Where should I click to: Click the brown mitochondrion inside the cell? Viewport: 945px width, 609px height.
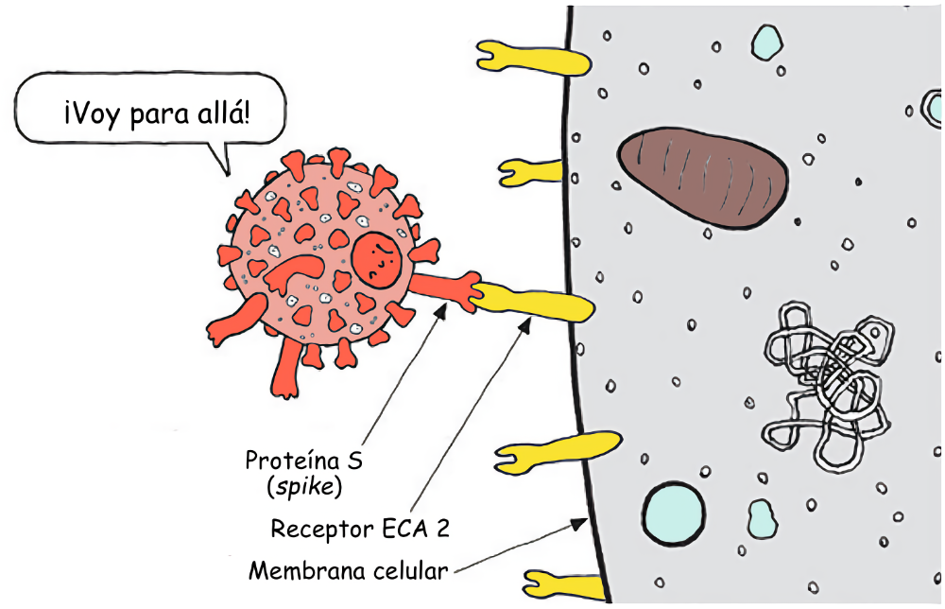[x=703, y=177]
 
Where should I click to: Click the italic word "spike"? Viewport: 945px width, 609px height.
[x=305, y=488]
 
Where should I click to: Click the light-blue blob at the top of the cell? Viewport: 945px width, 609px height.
[x=767, y=41]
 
